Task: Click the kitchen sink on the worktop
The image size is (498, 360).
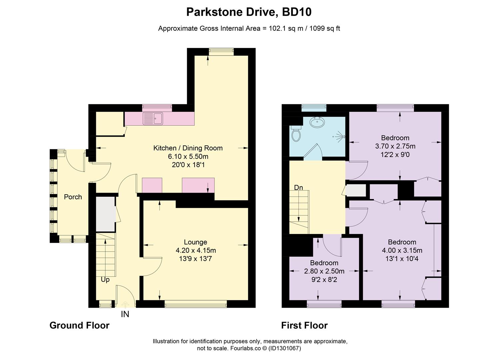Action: click(153, 118)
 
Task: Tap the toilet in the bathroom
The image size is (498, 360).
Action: click(296, 133)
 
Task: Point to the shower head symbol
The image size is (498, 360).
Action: click(339, 137)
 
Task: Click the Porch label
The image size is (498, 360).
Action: click(73, 197)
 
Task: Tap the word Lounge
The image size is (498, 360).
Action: click(196, 242)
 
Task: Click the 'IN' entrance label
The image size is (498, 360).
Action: click(125, 314)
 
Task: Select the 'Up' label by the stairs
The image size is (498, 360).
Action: click(105, 280)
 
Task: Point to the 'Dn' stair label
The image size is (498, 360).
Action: click(298, 188)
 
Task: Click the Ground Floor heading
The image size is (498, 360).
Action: click(79, 326)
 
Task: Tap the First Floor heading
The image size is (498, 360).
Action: click(304, 326)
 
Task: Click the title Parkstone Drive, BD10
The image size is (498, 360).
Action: click(249, 12)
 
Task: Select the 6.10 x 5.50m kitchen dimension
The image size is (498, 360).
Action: click(188, 156)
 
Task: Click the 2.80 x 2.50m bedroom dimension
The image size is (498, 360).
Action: click(324, 271)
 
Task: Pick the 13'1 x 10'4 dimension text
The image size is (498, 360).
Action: click(402, 259)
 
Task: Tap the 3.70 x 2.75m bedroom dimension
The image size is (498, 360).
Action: click(395, 146)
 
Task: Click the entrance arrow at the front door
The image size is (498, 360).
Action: click(125, 304)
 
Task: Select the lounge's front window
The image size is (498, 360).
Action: click(196, 304)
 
